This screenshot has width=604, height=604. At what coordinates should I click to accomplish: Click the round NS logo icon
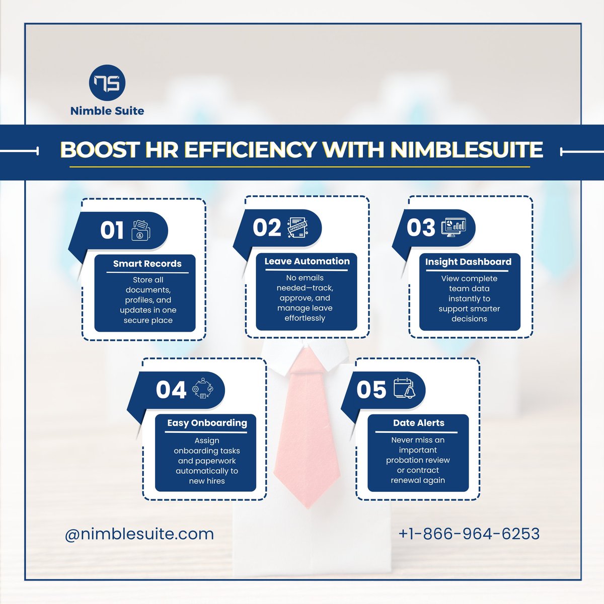tap(107, 84)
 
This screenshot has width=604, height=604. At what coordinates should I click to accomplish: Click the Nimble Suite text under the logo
tap(107, 111)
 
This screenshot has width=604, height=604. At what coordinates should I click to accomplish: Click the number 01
tap(112, 231)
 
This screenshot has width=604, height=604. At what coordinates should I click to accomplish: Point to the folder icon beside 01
tap(141, 231)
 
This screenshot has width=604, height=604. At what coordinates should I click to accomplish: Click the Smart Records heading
tap(147, 264)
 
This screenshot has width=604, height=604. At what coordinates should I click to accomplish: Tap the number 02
tap(267, 228)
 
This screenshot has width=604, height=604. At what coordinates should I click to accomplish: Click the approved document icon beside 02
tap(297, 229)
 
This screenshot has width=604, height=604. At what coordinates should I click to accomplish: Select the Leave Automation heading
tap(307, 261)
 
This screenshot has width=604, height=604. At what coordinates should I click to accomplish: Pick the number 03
tap(421, 228)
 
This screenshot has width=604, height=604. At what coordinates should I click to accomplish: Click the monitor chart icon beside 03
tap(454, 228)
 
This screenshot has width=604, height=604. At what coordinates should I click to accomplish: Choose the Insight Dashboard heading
tap(468, 262)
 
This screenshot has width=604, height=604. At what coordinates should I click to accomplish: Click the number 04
tap(171, 390)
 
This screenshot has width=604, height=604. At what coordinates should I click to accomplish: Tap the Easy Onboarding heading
tap(207, 423)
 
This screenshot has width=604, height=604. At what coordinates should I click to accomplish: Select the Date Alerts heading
tap(418, 423)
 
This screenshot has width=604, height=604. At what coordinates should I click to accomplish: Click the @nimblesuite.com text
tap(139, 534)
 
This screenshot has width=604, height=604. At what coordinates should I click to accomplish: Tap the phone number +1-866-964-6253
tap(469, 534)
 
